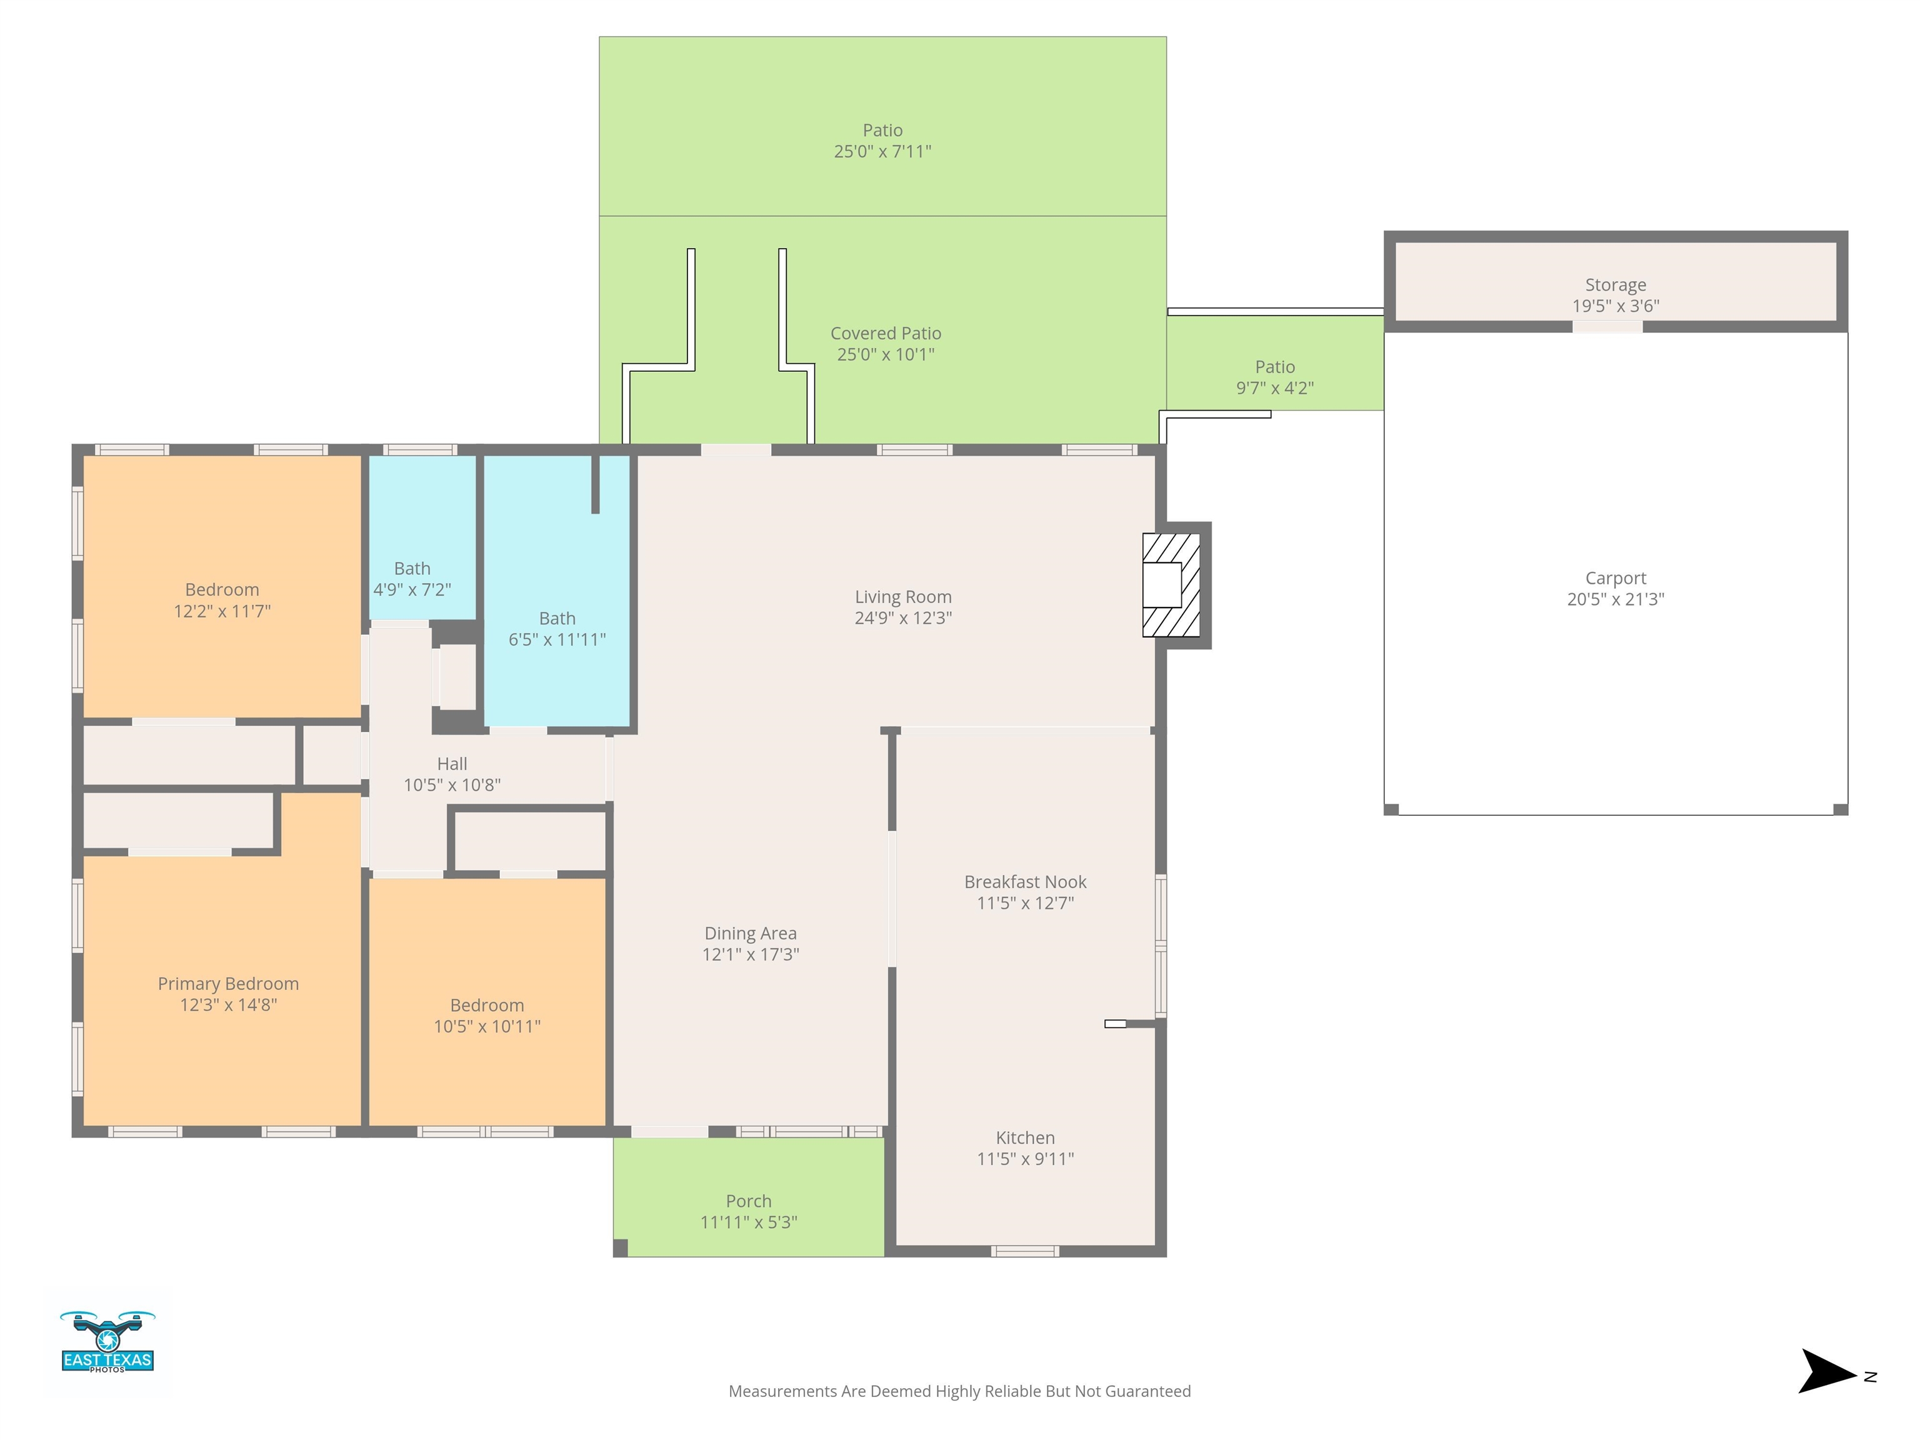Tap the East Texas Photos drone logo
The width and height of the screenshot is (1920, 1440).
[107, 1342]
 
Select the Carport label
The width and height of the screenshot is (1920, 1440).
[1616, 578]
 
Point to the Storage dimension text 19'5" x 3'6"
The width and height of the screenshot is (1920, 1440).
[1616, 306]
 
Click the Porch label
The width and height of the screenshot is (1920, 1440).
[748, 1201]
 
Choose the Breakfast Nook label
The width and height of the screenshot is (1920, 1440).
[1025, 882]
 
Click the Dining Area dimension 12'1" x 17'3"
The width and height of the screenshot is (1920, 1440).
[751, 954]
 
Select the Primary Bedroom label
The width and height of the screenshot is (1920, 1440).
[228, 983]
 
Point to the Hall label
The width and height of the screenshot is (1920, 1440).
[452, 764]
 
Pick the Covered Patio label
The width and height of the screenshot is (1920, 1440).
[886, 333]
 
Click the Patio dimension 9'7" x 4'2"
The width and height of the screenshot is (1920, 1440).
[1275, 388]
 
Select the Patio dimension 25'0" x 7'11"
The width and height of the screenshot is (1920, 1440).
[882, 151]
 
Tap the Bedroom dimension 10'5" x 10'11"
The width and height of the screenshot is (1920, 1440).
[487, 1026]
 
